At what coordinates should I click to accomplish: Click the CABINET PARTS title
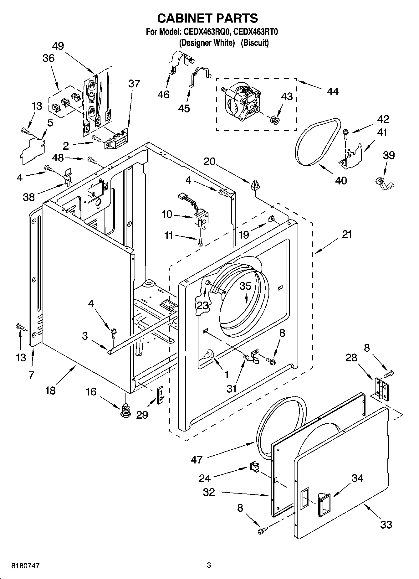coord(207,18)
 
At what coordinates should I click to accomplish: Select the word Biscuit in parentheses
coord(254,43)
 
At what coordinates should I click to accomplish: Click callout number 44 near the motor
coord(333,91)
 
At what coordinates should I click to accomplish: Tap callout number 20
coord(209,162)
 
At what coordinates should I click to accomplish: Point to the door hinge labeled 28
coord(381,388)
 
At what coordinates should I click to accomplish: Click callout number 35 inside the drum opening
coord(246,286)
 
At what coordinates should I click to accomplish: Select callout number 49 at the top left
coord(58,46)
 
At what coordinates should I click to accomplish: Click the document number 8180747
coord(26,566)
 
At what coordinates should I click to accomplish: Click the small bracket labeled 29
coord(160,395)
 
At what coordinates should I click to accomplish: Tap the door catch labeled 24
coord(254,467)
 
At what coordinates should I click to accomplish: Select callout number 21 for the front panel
coord(347,234)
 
